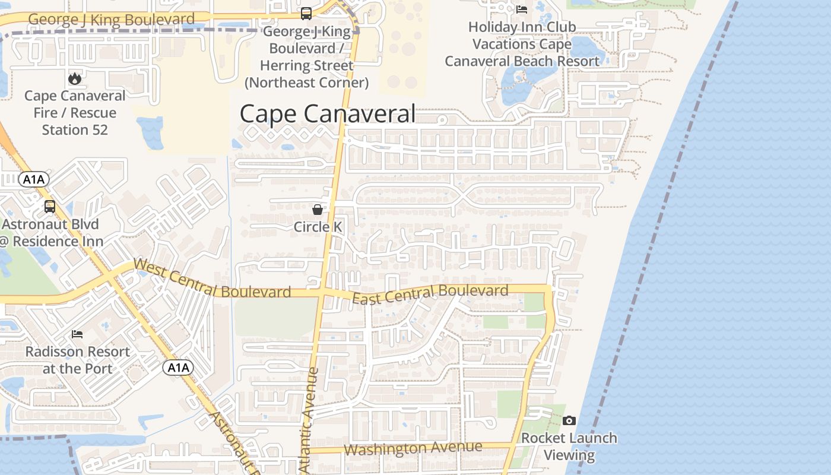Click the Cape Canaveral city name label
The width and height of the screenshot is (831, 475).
point(327,113)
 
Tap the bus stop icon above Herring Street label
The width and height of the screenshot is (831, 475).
point(306,13)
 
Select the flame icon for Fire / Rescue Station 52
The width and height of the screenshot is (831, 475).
point(74,78)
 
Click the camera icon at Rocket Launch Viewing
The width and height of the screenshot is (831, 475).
point(569,420)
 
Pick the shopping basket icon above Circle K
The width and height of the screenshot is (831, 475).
point(318,209)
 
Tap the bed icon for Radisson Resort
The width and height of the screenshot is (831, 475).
point(77,334)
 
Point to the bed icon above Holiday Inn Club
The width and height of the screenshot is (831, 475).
point(522,9)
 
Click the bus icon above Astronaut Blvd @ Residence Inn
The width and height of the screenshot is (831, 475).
point(50,207)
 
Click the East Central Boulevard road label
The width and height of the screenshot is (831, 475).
point(430,293)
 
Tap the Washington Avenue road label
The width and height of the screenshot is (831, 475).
point(413,448)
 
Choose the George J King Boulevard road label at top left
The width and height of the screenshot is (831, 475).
point(111,20)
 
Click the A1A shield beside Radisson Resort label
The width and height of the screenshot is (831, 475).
point(178,368)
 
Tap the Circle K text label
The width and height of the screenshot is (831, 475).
point(318,227)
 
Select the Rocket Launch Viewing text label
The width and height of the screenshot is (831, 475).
point(569,446)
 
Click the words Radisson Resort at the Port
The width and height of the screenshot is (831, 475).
point(77,360)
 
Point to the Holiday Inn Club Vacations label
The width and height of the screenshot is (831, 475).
point(522,44)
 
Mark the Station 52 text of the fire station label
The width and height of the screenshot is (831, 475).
point(75,129)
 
